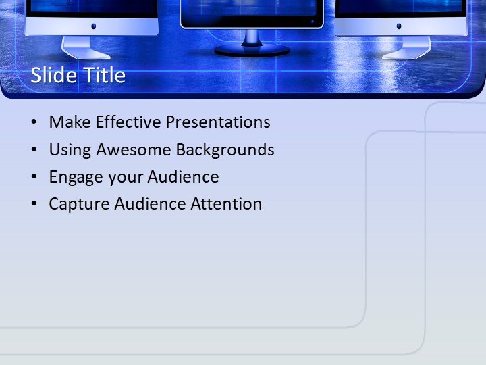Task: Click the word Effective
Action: click(128, 122)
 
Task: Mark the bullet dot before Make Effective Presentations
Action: click(34, 123)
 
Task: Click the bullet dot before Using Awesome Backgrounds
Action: click(34, 150)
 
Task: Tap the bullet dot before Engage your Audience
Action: click(34, 177)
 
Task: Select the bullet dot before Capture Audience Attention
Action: click(34, 204)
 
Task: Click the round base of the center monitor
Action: click(252, 51)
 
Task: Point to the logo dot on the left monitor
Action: click(93, 26)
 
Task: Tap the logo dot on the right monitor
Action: click(399, 26)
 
